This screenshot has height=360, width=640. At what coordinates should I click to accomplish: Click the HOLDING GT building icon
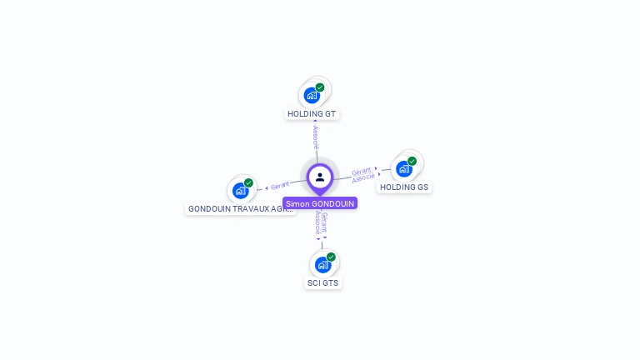(x=312, y=95)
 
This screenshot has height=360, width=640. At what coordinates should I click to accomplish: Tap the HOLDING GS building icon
(x=404, y=168)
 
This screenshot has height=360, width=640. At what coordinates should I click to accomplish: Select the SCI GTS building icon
(x=322, y=264)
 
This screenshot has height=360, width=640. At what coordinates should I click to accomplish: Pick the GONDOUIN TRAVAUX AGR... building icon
(x=241, y=190)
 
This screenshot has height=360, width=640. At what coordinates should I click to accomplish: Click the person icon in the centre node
(x=320, y=177)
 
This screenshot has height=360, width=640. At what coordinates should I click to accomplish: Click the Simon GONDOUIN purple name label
(x=320, y=203)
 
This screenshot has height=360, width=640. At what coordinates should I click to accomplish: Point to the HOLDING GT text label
(x=312, y=113)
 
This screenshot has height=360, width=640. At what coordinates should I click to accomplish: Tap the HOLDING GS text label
(x=404, y=187)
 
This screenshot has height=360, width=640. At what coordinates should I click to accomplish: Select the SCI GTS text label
(x=322, y=283)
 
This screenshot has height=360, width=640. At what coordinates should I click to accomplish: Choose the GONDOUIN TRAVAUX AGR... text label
(x=241, y=209)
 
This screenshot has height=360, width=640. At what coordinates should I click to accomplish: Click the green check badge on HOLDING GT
(x=320, y=87)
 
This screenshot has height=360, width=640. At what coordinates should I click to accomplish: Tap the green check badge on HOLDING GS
(x=412, y=161)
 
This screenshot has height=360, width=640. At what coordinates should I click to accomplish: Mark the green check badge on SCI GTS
(x=331, y=257)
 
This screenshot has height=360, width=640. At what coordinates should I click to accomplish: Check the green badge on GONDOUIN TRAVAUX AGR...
(x=248, y=182)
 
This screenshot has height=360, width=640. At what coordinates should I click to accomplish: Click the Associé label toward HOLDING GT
(x=316, y=136)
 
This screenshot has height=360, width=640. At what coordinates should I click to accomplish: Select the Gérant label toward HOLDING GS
(x=361, y=170)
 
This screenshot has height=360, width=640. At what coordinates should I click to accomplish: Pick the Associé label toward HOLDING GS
(x=363, y=177)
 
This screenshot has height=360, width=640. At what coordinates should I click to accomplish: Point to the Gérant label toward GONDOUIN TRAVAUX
(x=280, y=185)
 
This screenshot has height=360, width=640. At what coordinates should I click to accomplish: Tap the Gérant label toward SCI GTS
(x=325, y=222)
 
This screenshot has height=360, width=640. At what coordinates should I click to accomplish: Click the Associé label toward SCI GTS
(x=318, y=222)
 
